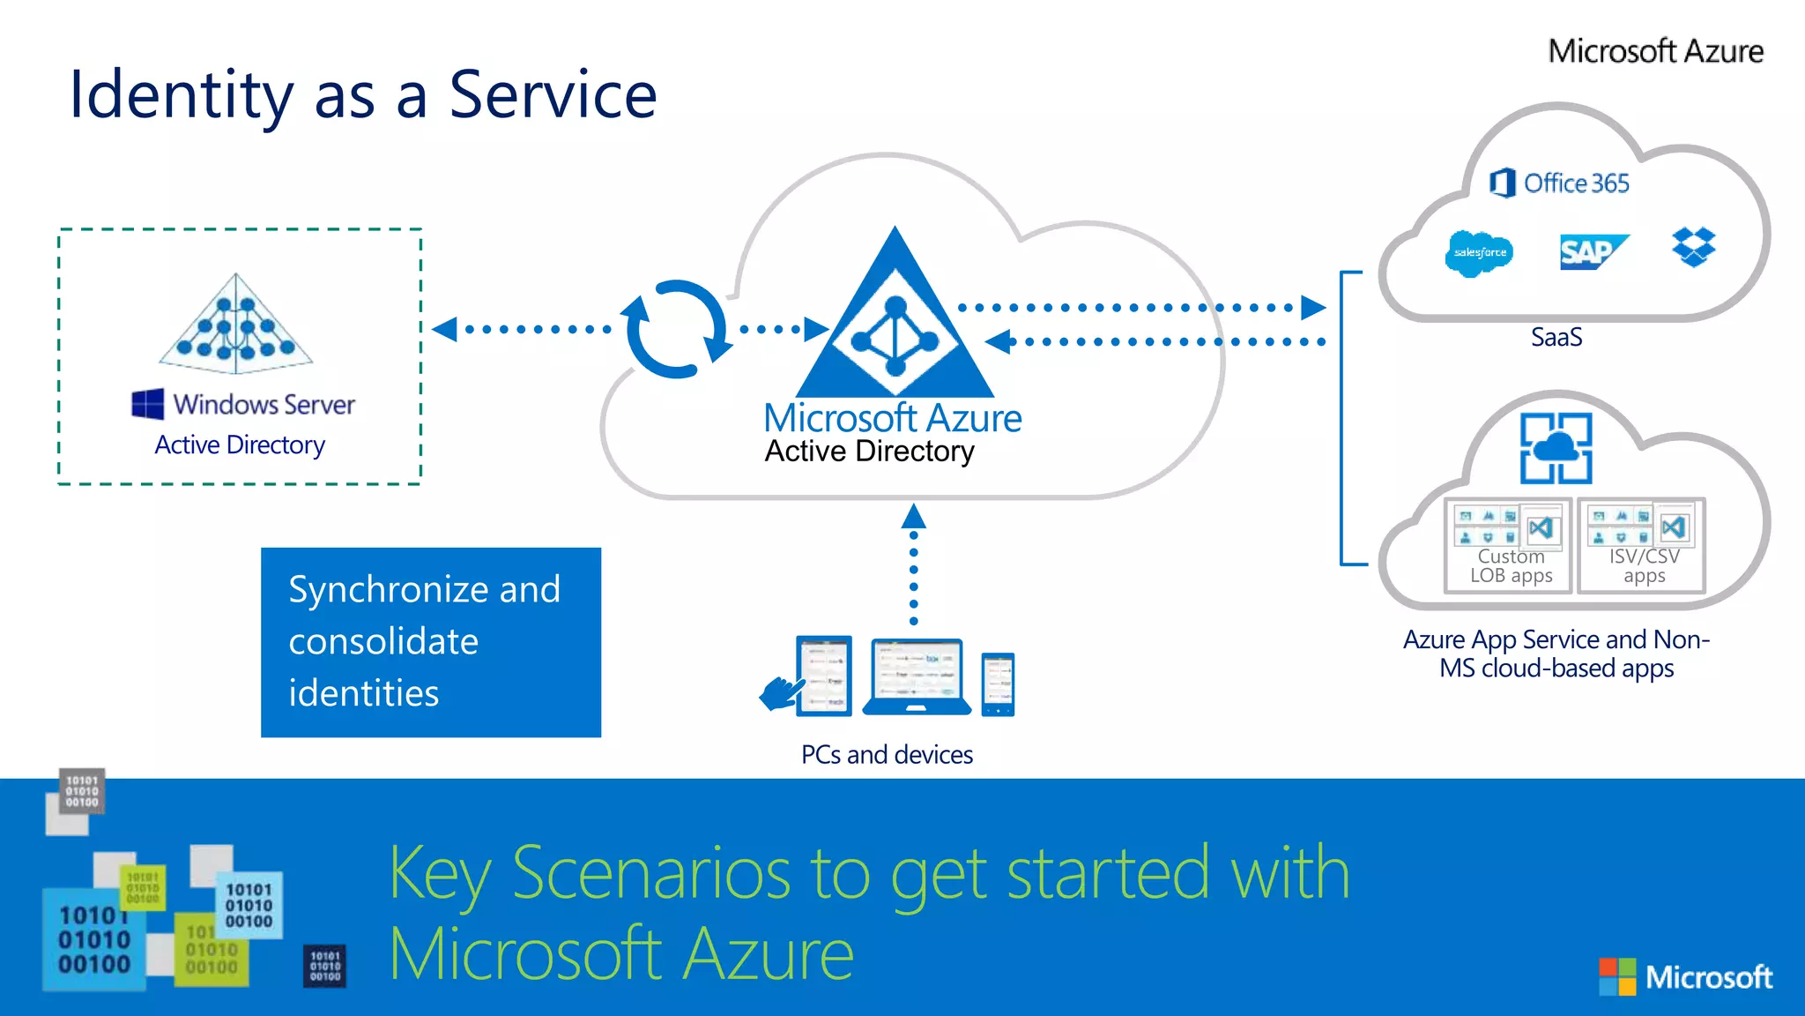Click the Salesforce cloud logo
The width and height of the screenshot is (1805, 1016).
[x=1480, y=253]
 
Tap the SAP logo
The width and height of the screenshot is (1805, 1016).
[x=1591, y=252]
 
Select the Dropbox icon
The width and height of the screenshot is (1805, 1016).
[x=1693, y=247]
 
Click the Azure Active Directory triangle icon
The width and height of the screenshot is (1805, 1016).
[x=895, y=322]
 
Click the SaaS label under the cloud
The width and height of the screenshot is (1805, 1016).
[x=1556, y=338]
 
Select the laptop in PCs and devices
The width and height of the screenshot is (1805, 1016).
[x=917, y=677]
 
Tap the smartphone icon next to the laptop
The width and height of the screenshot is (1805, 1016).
[x=998, y=684]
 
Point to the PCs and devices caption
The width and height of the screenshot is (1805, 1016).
[x=887, y=755]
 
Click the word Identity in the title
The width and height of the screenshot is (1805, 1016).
[x=181, y=95]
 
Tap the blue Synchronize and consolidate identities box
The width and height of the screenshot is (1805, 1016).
[x=431, y=642]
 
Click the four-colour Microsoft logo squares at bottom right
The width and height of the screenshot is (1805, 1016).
[x=1617, y=976]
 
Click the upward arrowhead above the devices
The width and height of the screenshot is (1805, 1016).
[x=914, y=516]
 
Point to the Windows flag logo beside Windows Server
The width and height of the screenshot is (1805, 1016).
[x=147, y=404]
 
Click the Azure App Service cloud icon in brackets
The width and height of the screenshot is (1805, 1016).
[x=1556, y=448]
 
